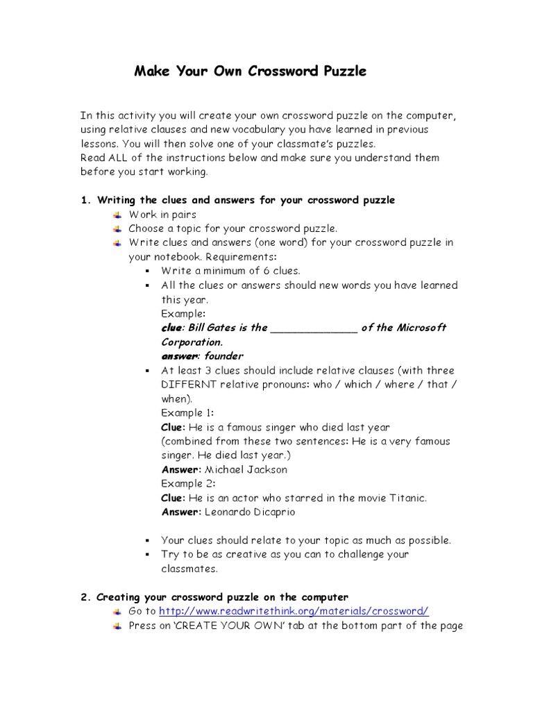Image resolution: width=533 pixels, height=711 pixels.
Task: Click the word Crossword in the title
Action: point(294,72)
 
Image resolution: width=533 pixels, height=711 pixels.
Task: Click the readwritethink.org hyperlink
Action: point(294,611)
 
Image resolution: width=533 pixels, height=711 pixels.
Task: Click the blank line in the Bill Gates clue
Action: point(313,328)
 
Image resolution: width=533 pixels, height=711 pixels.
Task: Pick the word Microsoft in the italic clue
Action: point(421,328)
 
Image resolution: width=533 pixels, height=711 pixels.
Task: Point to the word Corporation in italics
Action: point(192,342)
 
